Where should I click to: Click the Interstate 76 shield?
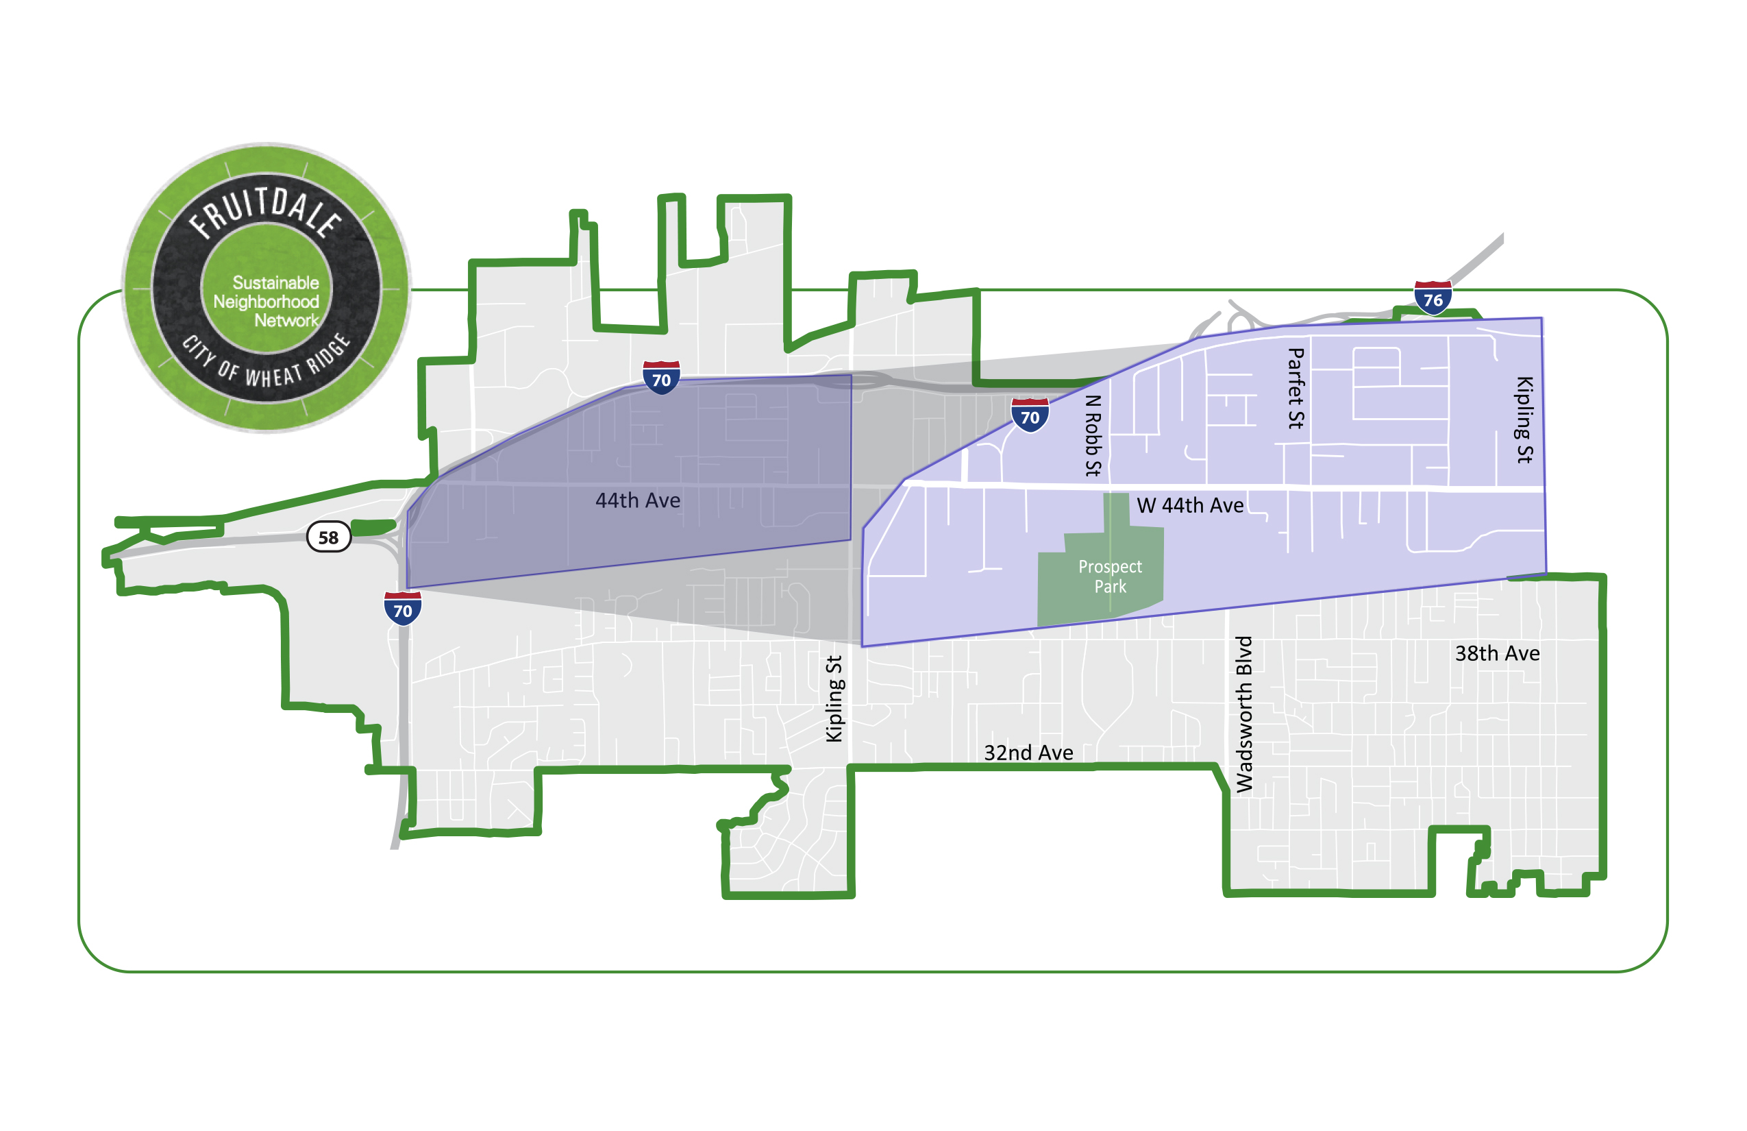click(x=1432, y=298)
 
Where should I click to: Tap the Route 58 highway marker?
click(x=328, y=537)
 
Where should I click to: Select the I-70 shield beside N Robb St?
click(x=1030, y=415)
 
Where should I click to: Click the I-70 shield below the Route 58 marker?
click(x=402, y=609)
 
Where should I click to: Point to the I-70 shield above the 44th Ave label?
click(x=660, y=378)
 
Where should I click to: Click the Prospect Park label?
click(x=1110, y=576)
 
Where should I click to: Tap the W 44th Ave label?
click(x=1190, y=505)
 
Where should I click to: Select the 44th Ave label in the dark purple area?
click(x=637, y=501)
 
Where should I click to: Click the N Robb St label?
click(x=1093, y=435)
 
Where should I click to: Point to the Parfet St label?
click(x=1296, y=389)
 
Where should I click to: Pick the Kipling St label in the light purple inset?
click(x=1524, y=419)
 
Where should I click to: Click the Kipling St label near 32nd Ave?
click(x=834, y=698)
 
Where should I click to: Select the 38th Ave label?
click(x=1497, y=654)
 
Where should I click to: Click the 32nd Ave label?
click(x=1028, y=753)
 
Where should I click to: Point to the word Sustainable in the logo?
click(x=275, y=282)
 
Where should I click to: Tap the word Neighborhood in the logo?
click(x=266, y=302)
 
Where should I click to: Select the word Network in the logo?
click(x=286, y=320)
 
